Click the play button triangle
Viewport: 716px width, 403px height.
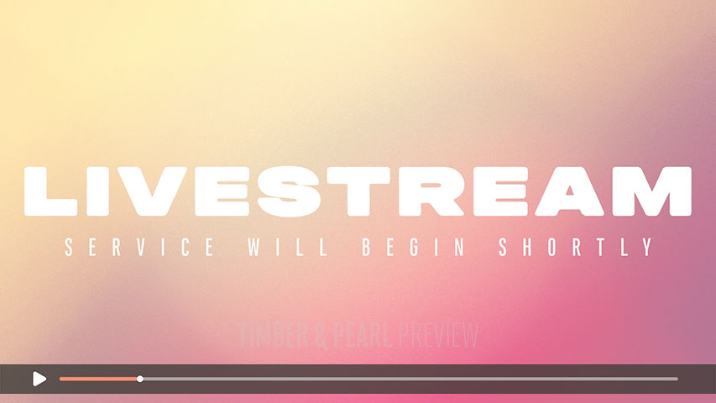pyautogui.click(x=39, y=379)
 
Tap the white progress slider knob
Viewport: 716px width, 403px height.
pyautogui.click(x=140, y=379)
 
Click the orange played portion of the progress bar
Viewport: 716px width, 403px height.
pyautogui.click(x=99, y=379)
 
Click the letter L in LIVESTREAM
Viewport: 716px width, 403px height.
pyautogui.click(x=50, y=191)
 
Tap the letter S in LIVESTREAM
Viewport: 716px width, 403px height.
pyautogui.click(x=289, y=191)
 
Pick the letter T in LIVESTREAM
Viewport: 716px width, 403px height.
pyautogui.click(x=358, y=191)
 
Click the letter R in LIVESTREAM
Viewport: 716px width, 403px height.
pyautogui.click(x=431, y=191)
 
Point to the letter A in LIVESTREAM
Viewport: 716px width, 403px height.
pyautogui.click(x=569, y=191)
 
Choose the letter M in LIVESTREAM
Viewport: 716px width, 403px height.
pyautogui.click(x=651, y=191)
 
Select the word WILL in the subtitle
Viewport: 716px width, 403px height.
pyautogui.click(x=288, y=247)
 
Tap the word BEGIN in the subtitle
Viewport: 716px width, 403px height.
pyautogui.click(x=413, y=247)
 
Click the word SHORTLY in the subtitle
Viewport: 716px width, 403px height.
pyautogui.click(x=576, y=247)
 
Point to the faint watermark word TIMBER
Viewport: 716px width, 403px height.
pyautogui.click(x=273, y=335)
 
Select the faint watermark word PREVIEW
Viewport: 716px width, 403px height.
pyautogui.click(x=438, y=335)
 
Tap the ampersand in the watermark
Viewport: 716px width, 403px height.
pyautogui.click(x=321, y=335)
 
